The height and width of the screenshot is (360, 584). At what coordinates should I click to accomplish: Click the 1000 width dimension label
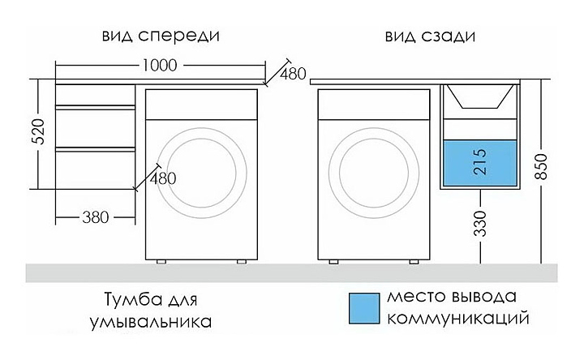(160, 66)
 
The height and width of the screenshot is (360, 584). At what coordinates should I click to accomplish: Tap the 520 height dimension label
(38, 132)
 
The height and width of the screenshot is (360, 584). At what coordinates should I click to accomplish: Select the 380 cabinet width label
(96, 217)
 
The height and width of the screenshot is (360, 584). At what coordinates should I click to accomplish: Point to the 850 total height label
(541, 166)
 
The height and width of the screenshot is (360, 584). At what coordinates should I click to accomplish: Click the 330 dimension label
(480, 223)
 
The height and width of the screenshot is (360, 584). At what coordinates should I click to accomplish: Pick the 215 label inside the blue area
(480, 161)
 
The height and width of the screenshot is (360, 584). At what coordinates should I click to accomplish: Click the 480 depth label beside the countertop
(293, 74)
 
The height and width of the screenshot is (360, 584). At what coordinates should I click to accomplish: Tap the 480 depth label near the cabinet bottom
(163, 178)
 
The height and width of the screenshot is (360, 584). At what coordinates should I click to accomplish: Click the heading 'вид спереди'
(161, 36)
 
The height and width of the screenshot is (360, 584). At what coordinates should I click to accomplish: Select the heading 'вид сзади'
(430, 36)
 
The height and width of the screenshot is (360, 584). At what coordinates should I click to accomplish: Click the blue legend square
(364, 308)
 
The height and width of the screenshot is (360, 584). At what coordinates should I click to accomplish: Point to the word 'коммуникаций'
(458, 319)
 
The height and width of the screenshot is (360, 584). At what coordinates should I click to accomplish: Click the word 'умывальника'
(151, 322)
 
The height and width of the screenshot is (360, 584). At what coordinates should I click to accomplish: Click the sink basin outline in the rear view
(480, 96)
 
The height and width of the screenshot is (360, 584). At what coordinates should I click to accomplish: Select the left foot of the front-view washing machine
(161, 262)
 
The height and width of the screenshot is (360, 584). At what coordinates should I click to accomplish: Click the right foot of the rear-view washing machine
(414, 262)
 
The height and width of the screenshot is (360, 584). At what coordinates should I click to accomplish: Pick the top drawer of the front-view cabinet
(96, 96)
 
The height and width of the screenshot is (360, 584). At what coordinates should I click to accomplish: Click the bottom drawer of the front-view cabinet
(96, 169)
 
